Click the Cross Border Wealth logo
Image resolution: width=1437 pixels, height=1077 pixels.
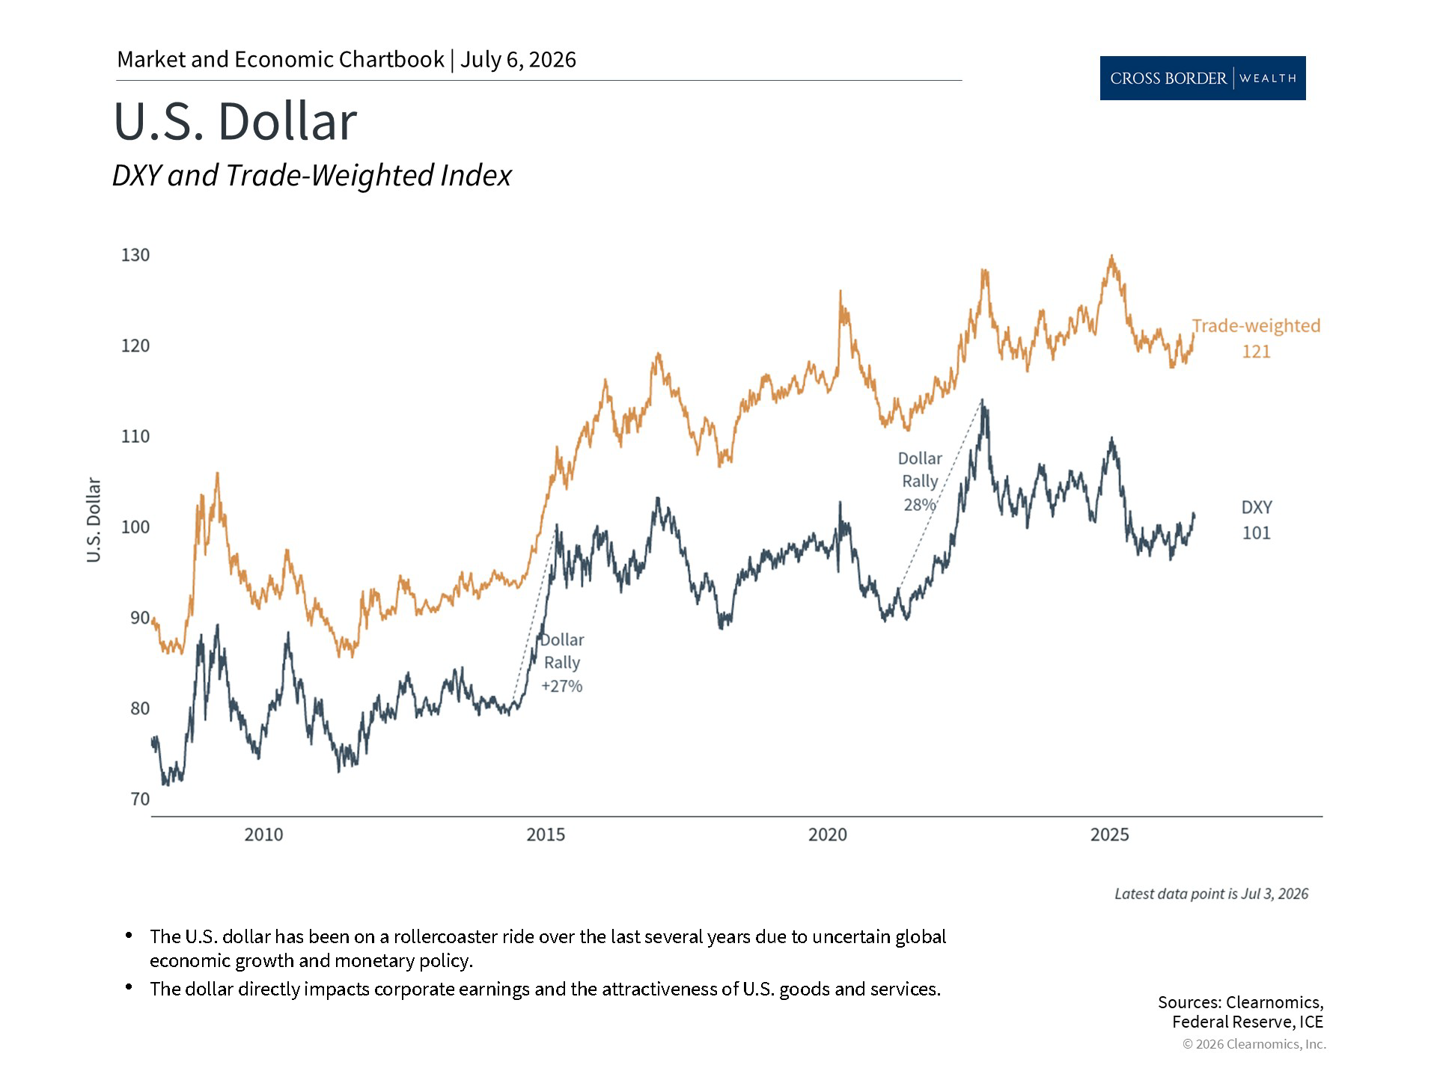coord(1203,78)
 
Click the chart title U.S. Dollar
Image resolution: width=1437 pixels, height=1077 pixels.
coord(235,121)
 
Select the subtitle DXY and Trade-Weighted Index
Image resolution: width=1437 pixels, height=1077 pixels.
coord(311,176)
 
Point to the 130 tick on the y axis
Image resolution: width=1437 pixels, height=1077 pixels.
coord(135,255)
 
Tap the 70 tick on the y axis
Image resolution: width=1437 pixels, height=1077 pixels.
coord(140,799)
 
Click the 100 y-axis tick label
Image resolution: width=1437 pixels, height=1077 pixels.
coord(135,527)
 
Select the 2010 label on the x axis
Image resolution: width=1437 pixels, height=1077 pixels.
coord(263,835)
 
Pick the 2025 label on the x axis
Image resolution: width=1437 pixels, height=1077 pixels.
coord(1109,835)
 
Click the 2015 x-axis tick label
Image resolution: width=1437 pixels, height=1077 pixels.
coord(546,835)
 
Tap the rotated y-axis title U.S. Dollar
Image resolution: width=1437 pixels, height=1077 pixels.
coord(94,520)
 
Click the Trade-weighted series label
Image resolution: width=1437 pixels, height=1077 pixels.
coord(1256,326)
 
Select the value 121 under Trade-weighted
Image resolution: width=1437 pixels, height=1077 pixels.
coord(1257,352)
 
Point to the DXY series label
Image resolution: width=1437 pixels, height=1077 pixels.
coord(1257,507)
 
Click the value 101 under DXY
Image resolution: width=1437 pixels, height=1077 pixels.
coord(1257,533)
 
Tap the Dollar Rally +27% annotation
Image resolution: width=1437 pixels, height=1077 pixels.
coord(562,663)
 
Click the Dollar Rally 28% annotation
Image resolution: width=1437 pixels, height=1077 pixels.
coord(920,482)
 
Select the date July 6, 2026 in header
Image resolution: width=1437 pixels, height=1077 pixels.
coord(518,60)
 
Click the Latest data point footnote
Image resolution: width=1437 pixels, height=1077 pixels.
coord(1211,894)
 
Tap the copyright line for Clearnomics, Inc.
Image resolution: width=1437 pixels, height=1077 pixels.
coord(1254,1044)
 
